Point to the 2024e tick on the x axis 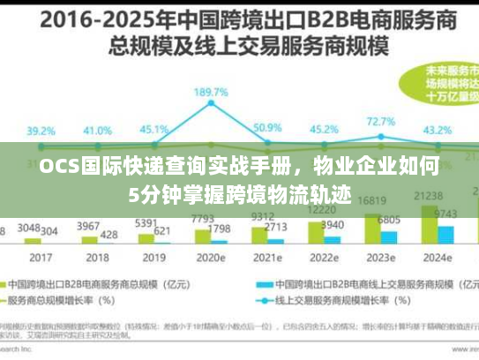[438, 258]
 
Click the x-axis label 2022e [325, 258]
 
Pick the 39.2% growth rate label [40, 130]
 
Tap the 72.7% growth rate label [381, 122]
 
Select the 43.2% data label [438, 130]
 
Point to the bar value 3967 [89, 226]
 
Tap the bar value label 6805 [388, 220]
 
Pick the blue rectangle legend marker [263, 286]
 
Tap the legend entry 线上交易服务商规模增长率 [335, 300]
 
